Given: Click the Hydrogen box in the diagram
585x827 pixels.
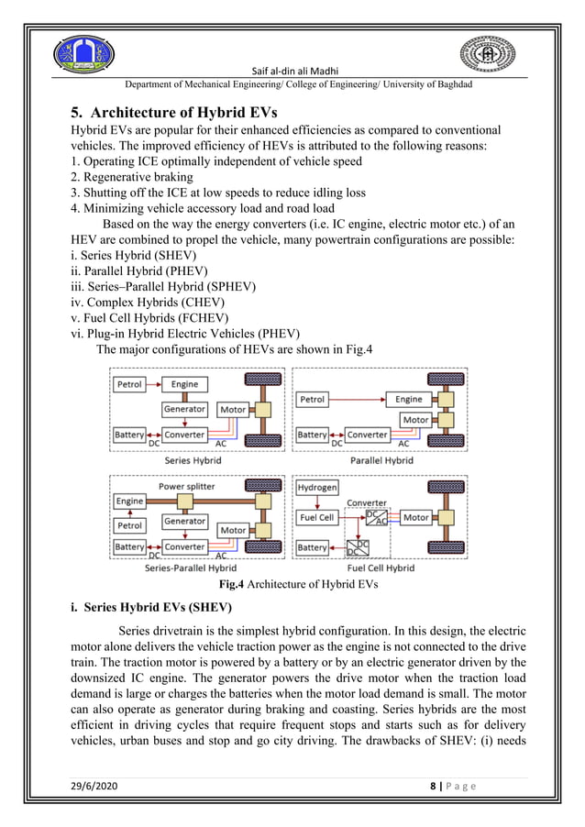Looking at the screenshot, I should coord(317,489).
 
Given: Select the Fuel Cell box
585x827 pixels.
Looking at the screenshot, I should coord(317,518).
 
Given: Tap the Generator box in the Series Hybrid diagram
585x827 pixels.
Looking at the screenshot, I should coord(184,410).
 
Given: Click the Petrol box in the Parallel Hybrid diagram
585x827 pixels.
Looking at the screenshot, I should coord(313,400).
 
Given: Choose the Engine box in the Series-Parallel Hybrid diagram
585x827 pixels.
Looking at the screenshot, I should coord(130,502).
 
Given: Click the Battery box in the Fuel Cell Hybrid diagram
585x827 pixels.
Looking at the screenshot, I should coord(313,547).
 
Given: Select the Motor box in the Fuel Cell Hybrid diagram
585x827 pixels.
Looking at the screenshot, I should coord(416,518).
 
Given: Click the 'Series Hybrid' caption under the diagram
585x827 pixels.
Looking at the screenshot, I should coord(191,460).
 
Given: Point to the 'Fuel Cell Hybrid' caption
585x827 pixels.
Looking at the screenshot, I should coord(381,568).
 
